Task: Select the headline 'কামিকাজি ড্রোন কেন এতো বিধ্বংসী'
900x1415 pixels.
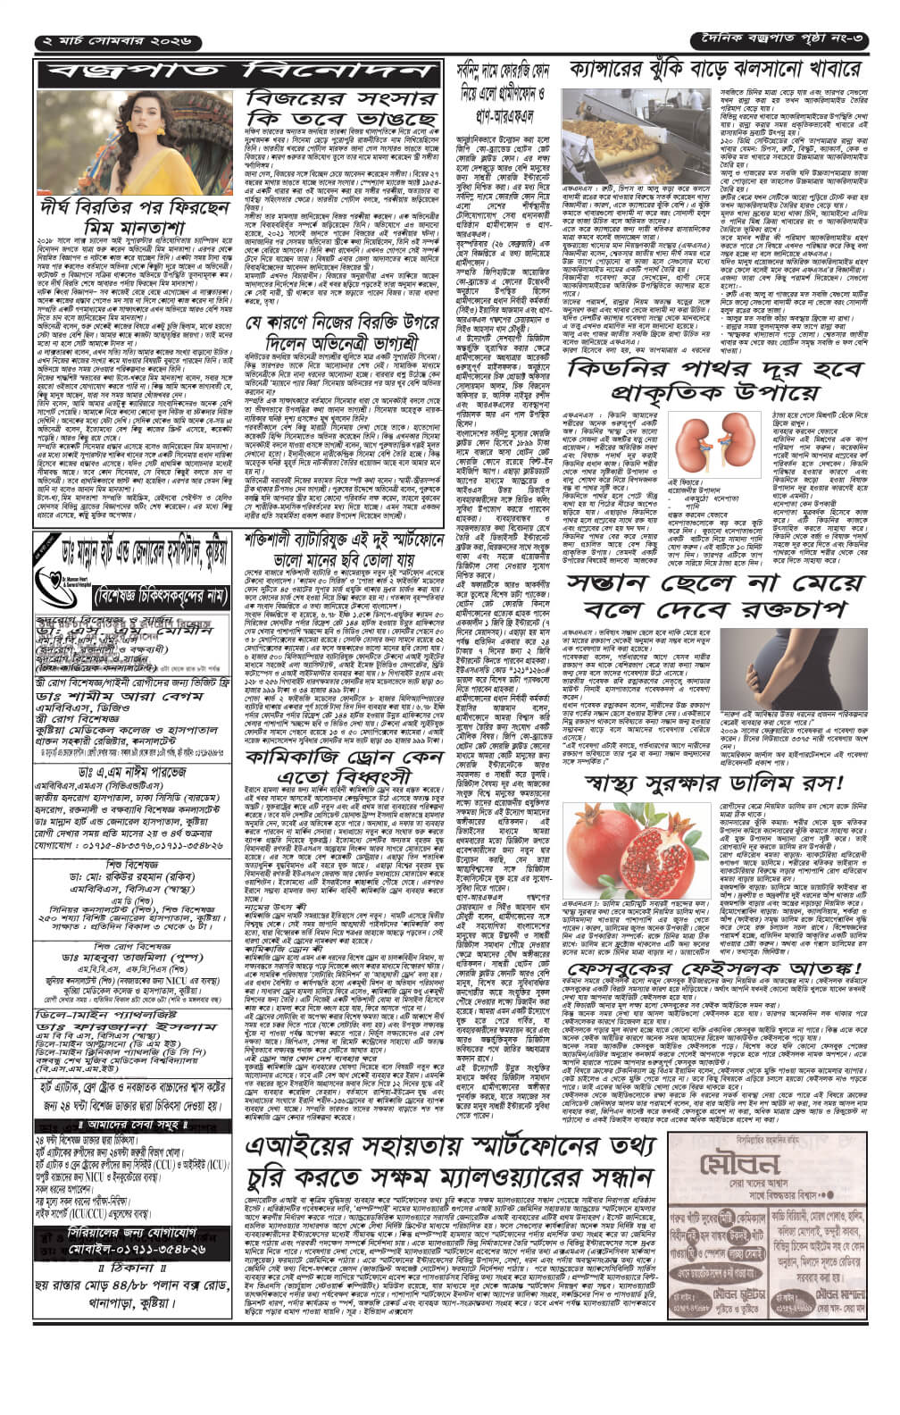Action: pos(343,716)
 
